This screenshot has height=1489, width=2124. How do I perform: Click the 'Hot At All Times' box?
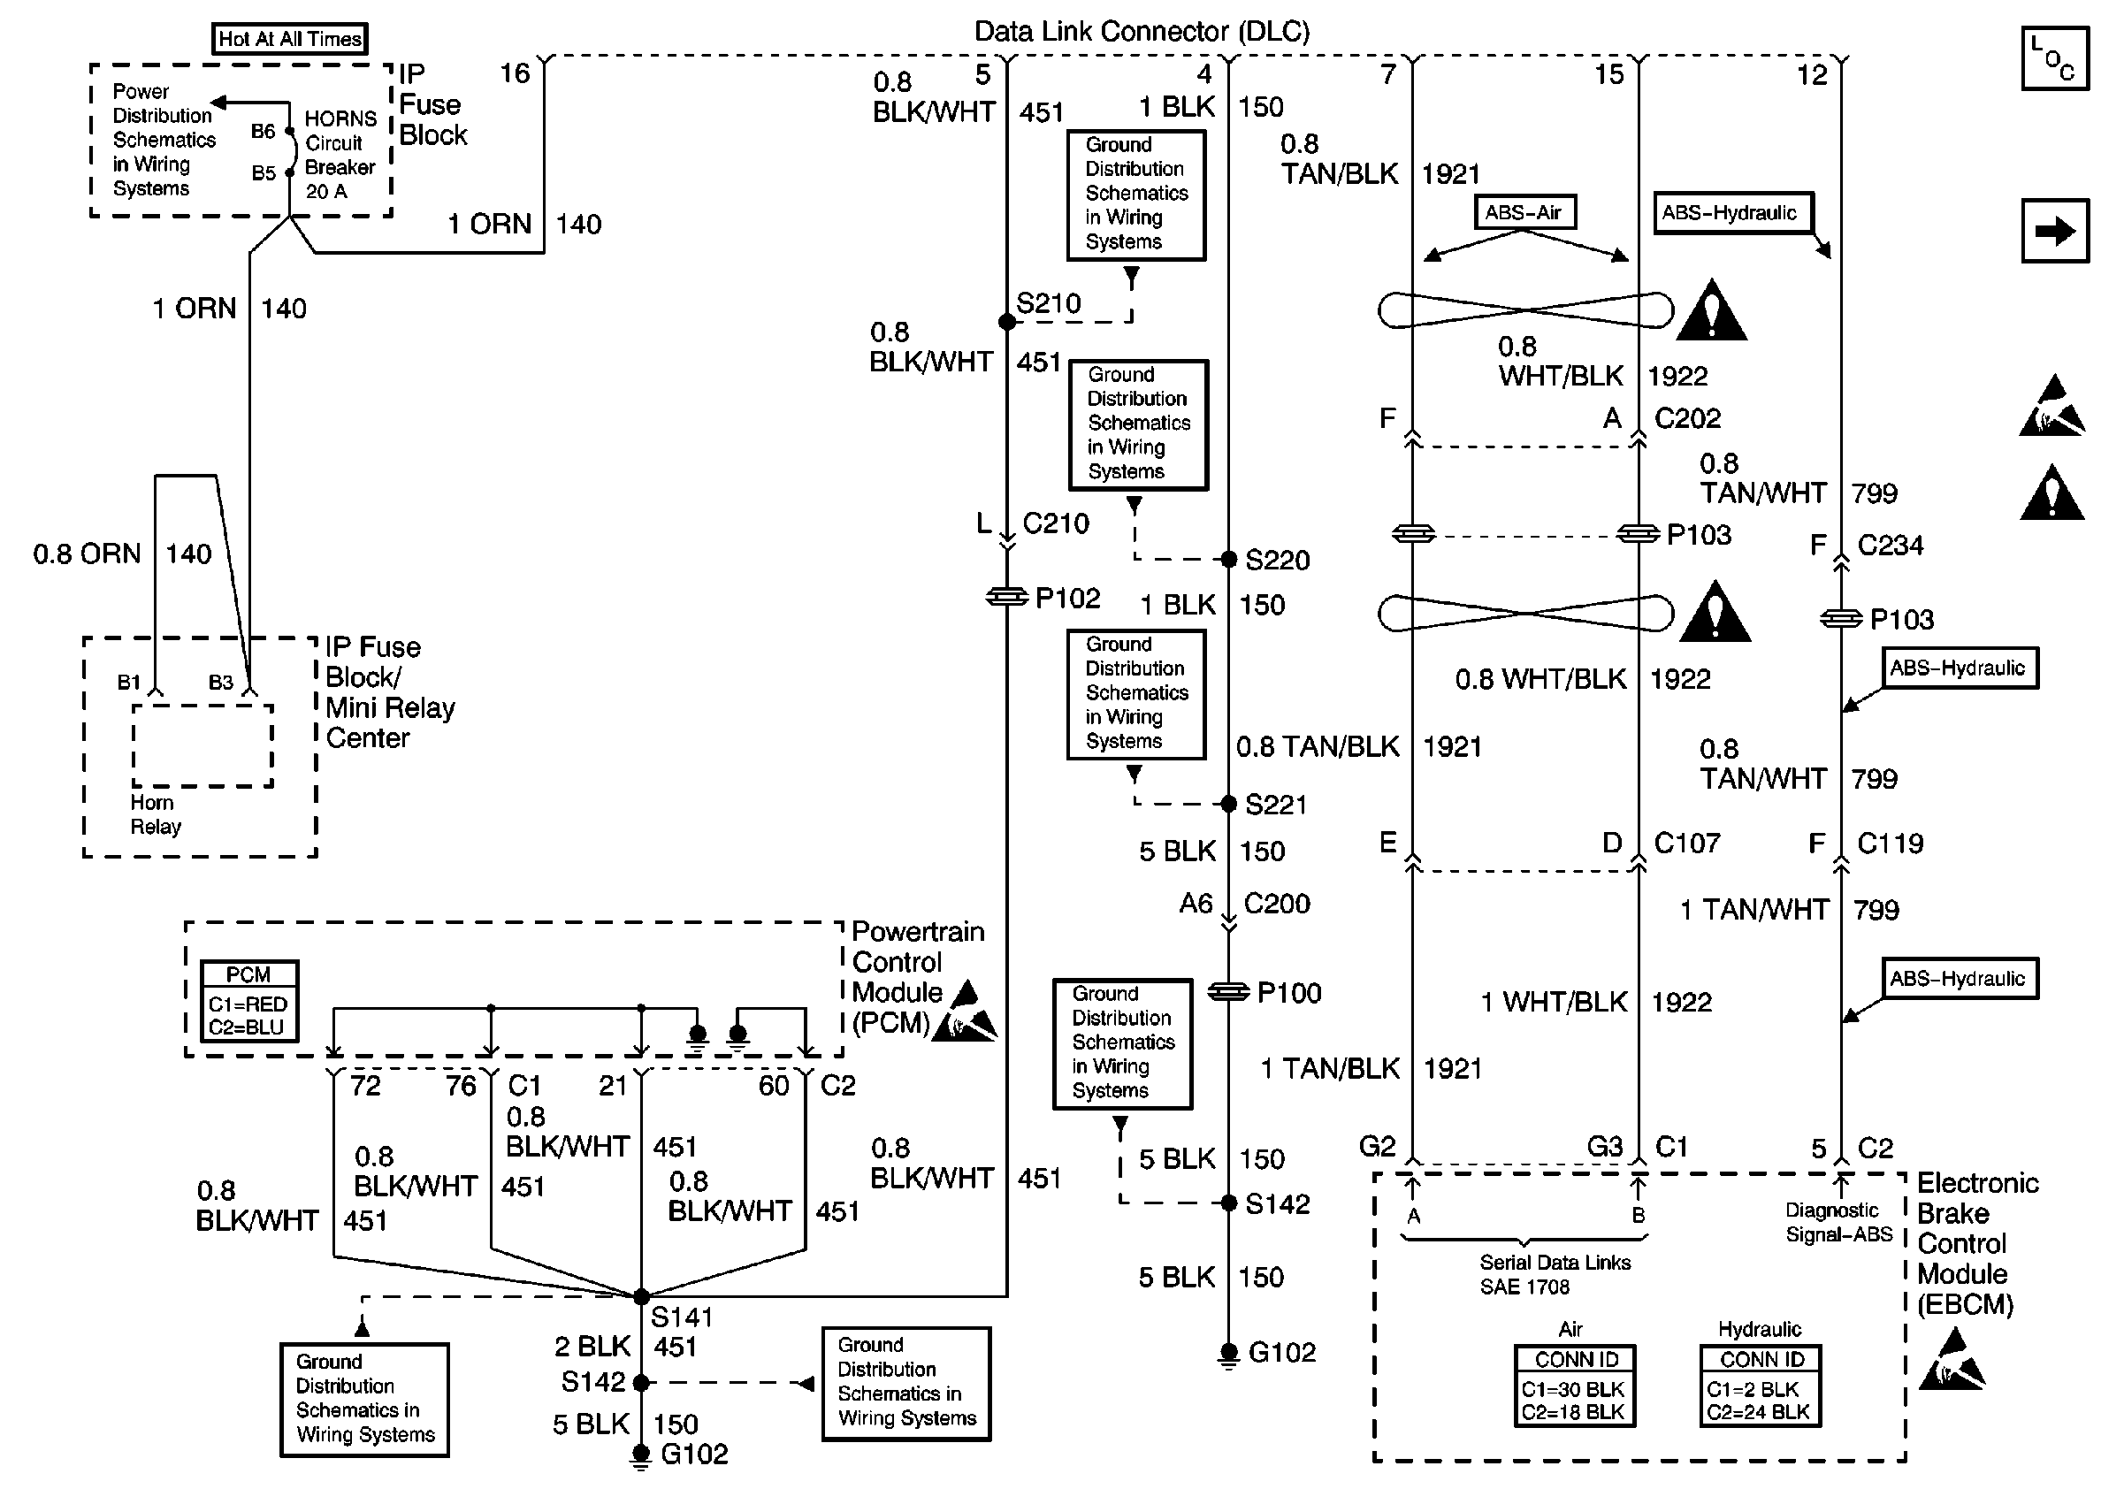289,39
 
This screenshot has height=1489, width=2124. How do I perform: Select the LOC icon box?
2055,58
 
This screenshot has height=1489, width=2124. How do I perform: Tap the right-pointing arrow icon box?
2055,230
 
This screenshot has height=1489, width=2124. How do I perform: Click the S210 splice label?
1048,303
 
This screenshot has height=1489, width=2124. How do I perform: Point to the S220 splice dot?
1228,559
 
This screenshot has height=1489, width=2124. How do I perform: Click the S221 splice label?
1276,805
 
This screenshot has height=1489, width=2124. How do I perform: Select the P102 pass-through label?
1066,599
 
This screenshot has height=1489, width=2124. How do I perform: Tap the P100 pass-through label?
1288,992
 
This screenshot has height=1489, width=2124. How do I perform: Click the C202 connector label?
1687,418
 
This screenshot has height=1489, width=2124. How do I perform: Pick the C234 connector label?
1890,545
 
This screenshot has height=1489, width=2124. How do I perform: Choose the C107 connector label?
1686,843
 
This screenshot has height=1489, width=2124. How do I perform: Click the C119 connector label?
1890,843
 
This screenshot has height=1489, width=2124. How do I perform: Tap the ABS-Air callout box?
1524,212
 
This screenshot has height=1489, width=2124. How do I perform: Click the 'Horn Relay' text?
156,813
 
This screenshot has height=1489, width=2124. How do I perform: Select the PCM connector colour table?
248,1001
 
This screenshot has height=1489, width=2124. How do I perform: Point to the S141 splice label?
681,1316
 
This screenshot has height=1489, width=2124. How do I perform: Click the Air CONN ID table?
1575,1386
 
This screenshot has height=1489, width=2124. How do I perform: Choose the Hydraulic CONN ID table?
1761,1386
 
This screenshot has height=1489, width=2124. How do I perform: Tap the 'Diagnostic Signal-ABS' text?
1838,1222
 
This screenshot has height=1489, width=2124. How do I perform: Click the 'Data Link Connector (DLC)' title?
1142,32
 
